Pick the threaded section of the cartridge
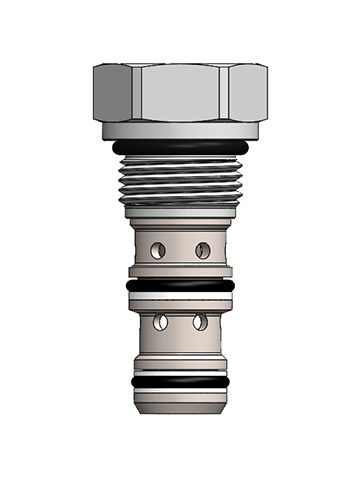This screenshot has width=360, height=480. [180, 183]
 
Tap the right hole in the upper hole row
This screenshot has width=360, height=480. [203, 249]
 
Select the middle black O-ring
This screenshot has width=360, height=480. [180, 286]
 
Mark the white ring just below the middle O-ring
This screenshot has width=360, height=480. [180, 297]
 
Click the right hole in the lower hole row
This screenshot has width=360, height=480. [201, 322]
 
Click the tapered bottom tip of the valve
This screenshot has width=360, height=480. [180, 408]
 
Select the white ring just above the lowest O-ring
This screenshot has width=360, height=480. [180, 372]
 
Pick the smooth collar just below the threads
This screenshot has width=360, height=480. [180, 212]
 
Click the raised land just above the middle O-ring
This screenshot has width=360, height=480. [180, 273]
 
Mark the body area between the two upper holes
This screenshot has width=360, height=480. [180, 249]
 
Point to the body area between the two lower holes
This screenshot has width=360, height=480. [180, 323]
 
